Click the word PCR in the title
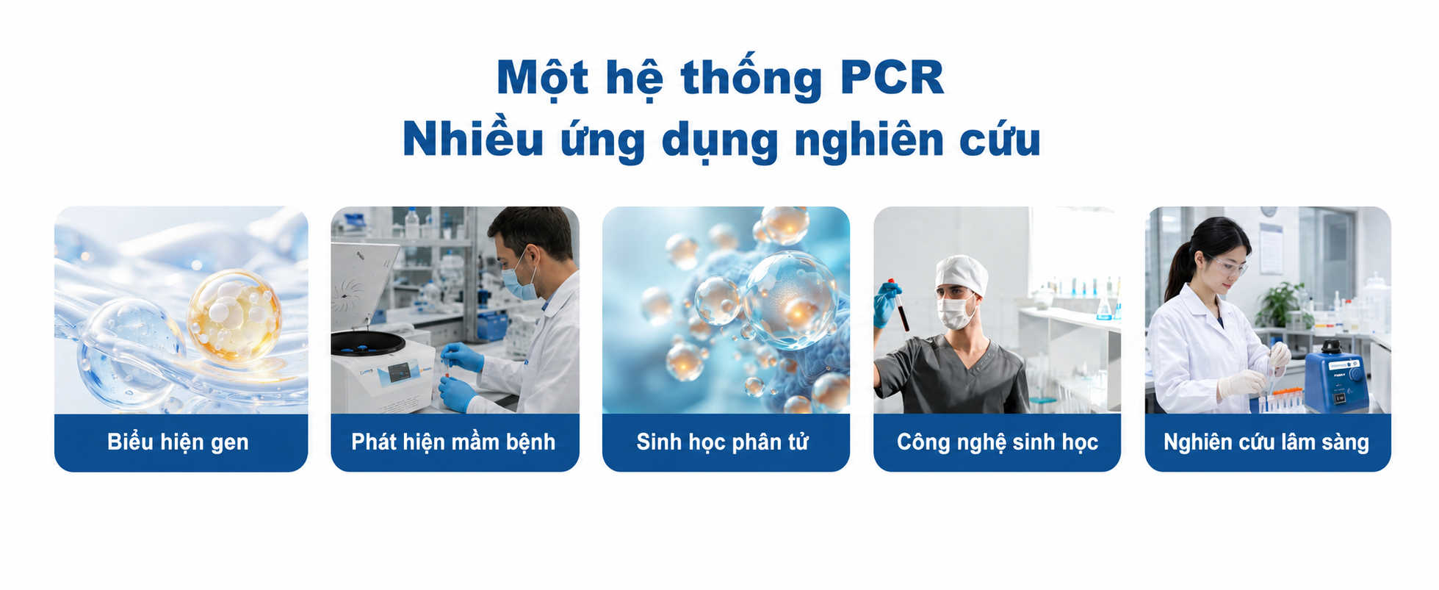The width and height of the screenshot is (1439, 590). click(892, 77)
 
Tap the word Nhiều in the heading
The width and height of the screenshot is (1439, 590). click(472, 137)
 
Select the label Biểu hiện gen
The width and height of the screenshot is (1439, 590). click(178, 442)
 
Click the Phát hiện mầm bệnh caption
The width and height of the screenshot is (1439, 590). click(453, 442)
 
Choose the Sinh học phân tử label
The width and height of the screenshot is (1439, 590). click(722, 442)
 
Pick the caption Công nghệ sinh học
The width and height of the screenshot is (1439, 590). click(997, 442)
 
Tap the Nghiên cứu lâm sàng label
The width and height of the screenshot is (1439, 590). click(1266, 442)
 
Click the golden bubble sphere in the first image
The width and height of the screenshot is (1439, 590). click(234, 317)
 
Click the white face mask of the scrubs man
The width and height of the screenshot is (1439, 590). click(956, 312)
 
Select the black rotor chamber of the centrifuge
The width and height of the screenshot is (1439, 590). click(367, 342)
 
